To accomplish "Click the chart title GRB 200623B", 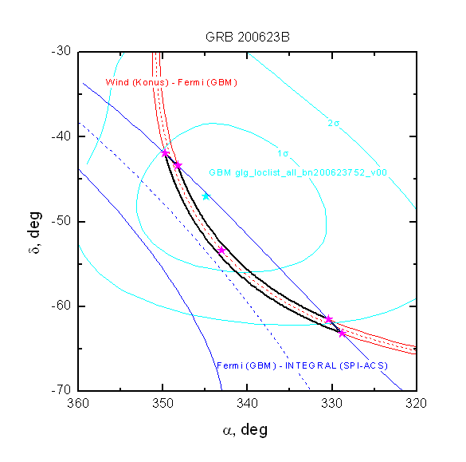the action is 247,37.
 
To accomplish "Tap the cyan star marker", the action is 206,196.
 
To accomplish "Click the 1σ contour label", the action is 283,153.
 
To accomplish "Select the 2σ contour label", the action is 334,123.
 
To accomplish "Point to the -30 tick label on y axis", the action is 61,51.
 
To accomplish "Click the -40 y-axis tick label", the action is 61,136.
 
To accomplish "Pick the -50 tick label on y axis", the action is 61,221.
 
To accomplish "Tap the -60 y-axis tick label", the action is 61,306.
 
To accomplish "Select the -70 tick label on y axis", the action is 61,389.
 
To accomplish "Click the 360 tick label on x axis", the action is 78,404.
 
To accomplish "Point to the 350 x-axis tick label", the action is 163,404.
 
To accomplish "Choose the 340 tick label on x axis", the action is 247,404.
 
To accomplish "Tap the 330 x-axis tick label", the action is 332,404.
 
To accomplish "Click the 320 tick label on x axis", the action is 416,404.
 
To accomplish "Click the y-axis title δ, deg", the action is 34,232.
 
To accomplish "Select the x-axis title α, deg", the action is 245,430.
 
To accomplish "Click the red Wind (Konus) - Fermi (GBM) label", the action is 171,82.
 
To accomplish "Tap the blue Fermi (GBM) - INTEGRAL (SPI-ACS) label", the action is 302,365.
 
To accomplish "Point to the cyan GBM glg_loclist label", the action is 298,172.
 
